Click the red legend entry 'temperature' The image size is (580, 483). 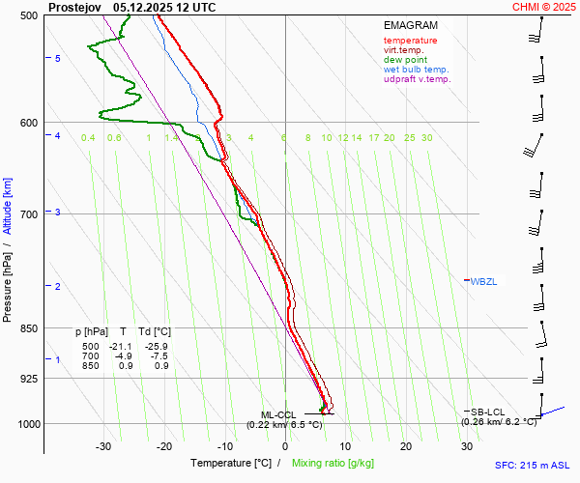[x=410, y=41]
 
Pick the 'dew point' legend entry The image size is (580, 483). [x=405, y=60]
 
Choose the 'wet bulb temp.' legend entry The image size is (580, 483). [x=416, y=70]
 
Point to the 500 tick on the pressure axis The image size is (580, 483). [x=28, y=15]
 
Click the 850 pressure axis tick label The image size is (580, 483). [x=28, y=328]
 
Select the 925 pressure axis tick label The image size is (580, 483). [x=28, y=378]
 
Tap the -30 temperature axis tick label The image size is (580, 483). [x=104, y=446]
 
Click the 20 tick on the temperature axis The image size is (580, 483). [x=406, y=446]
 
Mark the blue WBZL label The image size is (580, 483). [x=482, y=281]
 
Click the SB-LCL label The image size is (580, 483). [x=489, y=412]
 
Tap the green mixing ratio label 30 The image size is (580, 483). [x=426, y=138]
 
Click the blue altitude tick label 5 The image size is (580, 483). [x=58, y=59]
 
